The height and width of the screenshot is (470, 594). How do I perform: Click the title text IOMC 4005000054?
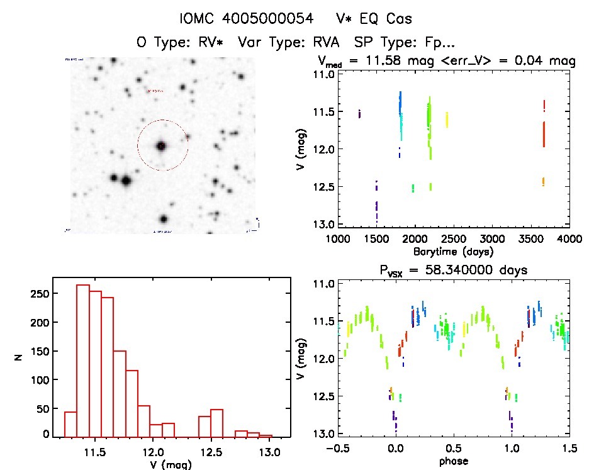click(x=246, y=19)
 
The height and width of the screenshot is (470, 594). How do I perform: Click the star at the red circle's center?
click(x=161, y=146)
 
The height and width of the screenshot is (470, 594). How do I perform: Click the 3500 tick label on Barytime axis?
click(x=532, y=239)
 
